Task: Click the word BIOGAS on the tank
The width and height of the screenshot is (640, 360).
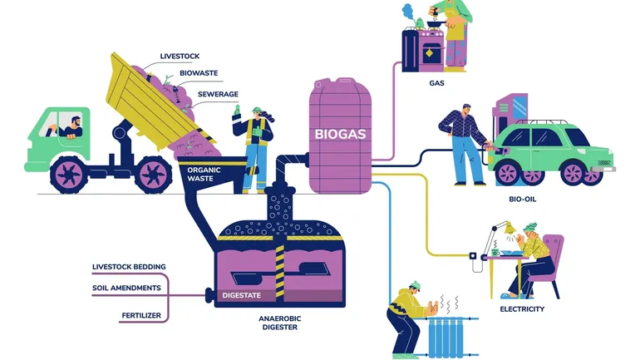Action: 342,133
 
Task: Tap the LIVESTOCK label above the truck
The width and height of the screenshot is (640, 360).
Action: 180,57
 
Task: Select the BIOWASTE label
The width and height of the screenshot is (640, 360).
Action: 199,73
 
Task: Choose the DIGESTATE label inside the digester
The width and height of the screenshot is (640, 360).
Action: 242,295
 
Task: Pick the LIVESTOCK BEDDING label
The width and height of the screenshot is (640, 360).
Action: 129,267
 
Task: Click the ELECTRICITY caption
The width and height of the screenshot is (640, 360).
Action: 522,309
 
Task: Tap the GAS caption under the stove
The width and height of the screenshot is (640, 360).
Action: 437,83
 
